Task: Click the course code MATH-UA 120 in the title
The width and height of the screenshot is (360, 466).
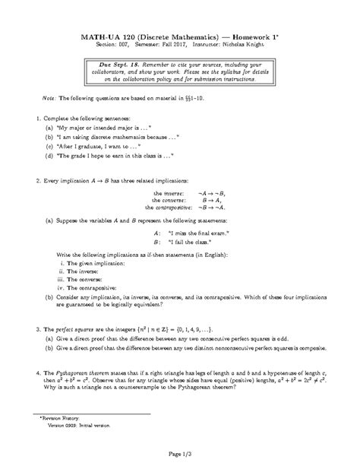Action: [106, 36]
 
